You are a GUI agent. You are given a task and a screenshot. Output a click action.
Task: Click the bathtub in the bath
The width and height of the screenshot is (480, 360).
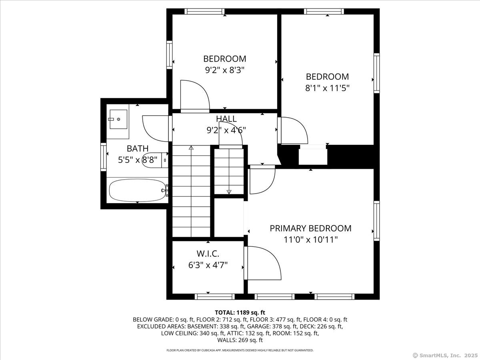[137, 190]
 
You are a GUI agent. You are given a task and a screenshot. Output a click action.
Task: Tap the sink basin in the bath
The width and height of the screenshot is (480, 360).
[118, 119]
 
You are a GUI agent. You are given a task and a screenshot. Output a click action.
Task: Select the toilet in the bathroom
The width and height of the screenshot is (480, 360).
[155, 160]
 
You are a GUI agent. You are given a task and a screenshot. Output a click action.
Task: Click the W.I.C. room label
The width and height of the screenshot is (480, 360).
[208, 254]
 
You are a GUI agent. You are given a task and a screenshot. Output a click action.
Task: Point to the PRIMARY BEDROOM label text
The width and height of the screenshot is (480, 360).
[310, 228]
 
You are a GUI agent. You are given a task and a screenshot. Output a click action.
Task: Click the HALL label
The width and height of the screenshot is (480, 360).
[226, 119]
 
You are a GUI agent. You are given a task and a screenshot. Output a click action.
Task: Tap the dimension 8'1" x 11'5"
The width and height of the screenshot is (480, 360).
[327, 88]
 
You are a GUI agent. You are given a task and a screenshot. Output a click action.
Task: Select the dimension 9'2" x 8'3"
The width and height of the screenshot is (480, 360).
[224, 70]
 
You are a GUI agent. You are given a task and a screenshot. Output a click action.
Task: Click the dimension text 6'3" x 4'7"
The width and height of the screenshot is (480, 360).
[208, 265]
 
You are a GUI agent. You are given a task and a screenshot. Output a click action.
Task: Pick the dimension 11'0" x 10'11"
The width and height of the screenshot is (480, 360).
[310, 240]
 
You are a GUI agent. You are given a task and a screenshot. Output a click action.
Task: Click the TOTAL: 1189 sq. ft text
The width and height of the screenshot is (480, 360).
[240, 312]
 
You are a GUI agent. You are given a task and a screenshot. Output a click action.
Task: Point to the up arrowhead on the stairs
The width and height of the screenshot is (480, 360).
[191, 148]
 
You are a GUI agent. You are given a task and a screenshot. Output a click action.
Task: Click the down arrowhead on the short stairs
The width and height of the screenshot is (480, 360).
[229, 192]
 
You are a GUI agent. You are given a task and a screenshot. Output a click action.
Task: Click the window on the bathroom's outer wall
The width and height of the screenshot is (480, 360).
[103, 157]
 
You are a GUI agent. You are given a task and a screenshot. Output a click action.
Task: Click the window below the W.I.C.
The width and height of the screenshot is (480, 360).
[214, 297]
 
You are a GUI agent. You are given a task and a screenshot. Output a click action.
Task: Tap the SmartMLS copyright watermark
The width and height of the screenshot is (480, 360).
[445, 355]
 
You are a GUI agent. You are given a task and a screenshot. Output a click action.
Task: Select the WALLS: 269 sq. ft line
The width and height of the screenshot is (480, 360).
[240, 340]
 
